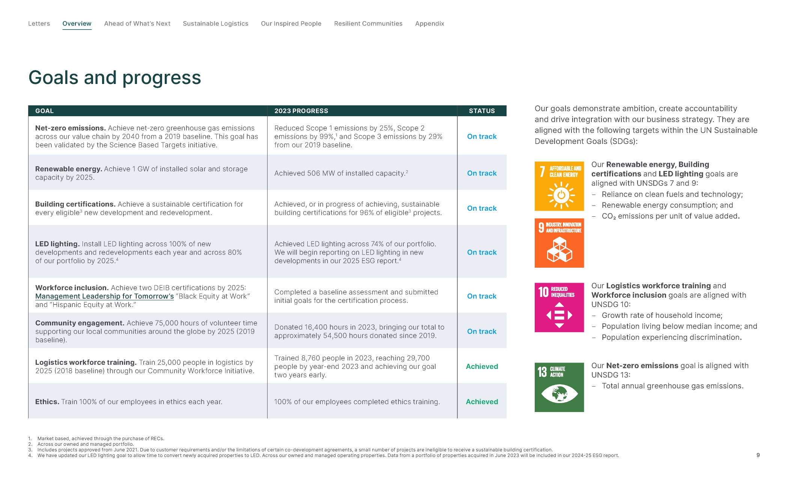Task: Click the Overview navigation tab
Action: click(77, 24)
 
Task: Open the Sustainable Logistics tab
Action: click(215, 24)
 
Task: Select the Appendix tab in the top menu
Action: click(430, 24)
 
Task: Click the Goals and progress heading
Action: click(115, 78)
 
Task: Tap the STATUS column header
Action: click(482, 111)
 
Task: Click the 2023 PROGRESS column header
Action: click(301, 111)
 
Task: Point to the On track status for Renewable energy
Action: click(482, 173)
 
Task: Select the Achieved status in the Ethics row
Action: click(482, 402)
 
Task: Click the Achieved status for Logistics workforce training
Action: click(482, 366)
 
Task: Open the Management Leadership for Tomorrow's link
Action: click(105, 296)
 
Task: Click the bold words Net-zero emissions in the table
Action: click(71, 128)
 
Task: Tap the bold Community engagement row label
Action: click(80, 323)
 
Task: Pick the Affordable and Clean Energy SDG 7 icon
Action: click(559, 186)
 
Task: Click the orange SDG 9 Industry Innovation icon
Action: click(559, 243)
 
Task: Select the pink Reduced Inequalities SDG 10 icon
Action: click(559, 307)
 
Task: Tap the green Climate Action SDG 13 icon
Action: click(559, 387)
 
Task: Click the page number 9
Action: click(758, 455)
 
